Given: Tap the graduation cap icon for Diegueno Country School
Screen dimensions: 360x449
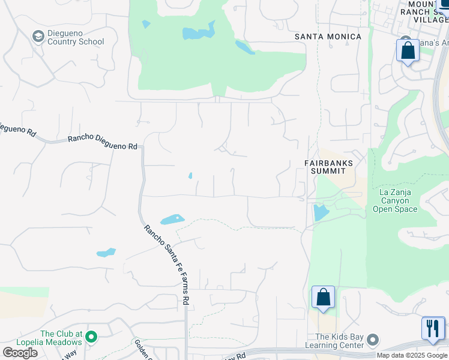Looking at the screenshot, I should tap(38, 37).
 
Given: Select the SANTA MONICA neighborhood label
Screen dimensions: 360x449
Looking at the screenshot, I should tap(328, 37).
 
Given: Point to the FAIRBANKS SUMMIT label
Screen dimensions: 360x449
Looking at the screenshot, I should tap(328, 167).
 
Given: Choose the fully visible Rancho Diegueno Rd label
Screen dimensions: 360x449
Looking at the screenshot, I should tap(103, 142).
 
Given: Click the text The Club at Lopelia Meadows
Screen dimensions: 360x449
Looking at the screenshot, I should tap(61, 338).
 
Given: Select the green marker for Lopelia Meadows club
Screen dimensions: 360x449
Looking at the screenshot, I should tap(91, 337).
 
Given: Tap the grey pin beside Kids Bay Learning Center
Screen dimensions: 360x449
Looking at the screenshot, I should tap(373, 341).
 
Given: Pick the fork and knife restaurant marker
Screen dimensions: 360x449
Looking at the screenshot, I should tap(433, 329).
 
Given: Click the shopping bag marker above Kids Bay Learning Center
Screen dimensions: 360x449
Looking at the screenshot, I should tap(323, 298).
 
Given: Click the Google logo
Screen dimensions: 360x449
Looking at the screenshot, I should tap(20, 353).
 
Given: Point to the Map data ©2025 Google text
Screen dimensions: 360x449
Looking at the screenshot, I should tap(412, 355).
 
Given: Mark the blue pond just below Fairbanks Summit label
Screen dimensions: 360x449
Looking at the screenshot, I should tap(321, 212).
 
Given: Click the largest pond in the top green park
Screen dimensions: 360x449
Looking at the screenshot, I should tap(198, 32).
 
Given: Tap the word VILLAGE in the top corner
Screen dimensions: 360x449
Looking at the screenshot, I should tap(431, 19).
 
